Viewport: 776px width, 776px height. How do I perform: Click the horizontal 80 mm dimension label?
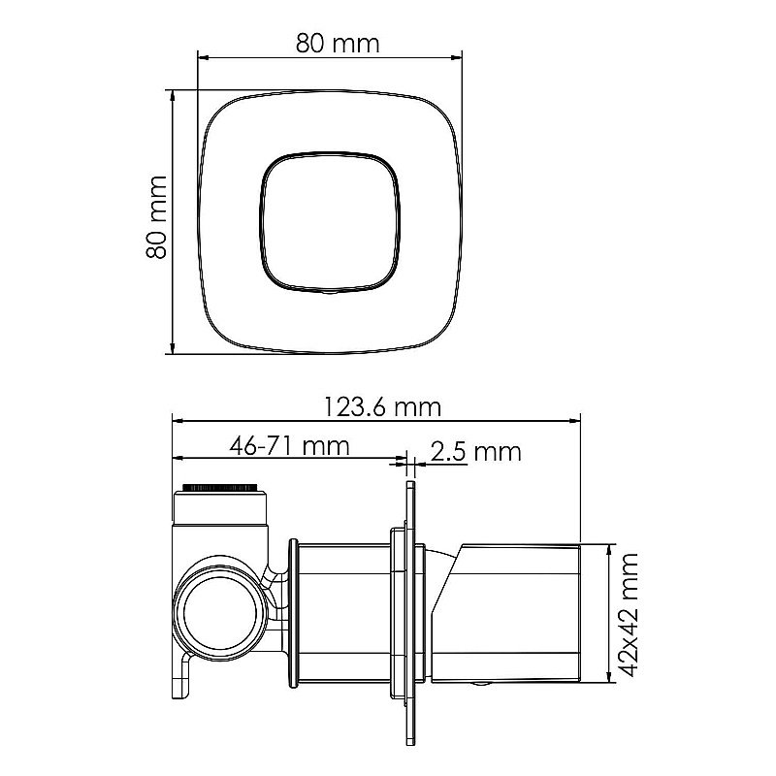338,43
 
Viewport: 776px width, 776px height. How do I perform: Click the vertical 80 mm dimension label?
156,216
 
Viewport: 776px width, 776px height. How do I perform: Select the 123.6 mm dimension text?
382,407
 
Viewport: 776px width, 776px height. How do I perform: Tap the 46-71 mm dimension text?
289,446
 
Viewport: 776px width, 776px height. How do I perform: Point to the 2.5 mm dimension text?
475,452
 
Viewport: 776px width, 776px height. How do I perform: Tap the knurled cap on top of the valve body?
220,487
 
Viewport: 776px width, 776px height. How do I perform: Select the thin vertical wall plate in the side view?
410,613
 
